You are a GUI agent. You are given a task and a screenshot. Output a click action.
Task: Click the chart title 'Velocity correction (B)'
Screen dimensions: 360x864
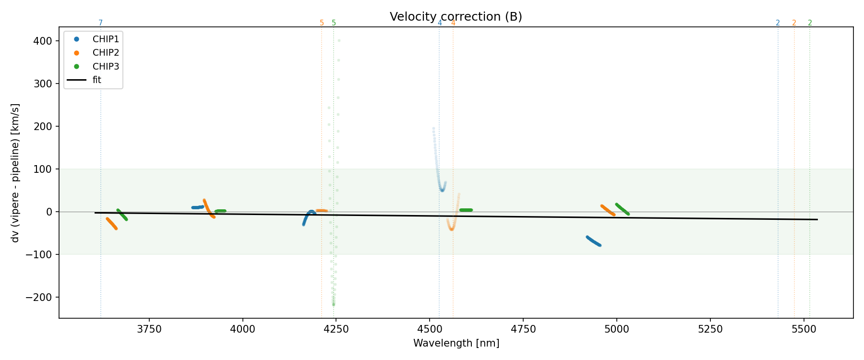coord(456,17)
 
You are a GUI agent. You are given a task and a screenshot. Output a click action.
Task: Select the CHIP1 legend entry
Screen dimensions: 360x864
coord(106,39)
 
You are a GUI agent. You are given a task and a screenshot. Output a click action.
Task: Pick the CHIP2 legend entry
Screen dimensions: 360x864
coord(106,53)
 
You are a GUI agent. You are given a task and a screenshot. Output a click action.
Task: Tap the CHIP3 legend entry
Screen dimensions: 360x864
coord(106,66)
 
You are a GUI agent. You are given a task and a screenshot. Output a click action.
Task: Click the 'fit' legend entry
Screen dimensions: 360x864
coord(97,80)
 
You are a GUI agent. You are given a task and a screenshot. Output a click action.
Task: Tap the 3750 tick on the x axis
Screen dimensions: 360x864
coord(149,329)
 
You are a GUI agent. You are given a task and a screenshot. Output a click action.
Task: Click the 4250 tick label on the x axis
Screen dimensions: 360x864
coord(336,329)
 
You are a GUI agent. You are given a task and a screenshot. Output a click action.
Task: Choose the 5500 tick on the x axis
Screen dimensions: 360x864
coord(804,329)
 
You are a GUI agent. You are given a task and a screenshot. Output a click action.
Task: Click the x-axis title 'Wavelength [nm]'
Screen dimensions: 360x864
coord(456,343)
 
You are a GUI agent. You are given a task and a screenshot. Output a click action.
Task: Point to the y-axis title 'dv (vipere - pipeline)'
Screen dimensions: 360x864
coord(15,172)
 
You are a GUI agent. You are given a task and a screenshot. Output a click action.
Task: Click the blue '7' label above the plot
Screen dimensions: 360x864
coord(101,23)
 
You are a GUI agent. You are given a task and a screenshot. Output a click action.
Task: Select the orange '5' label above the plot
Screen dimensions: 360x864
coord(322,23)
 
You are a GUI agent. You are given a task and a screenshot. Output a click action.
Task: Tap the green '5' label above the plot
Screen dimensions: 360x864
coord(334,23)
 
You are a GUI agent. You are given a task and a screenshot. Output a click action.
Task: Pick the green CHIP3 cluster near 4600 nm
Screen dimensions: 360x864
coord(466,210)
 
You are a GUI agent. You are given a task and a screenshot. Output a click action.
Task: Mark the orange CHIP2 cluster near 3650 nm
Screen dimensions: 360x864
coord(111,223)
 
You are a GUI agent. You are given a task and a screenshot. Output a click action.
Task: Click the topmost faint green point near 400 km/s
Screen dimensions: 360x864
coord(339,41)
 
